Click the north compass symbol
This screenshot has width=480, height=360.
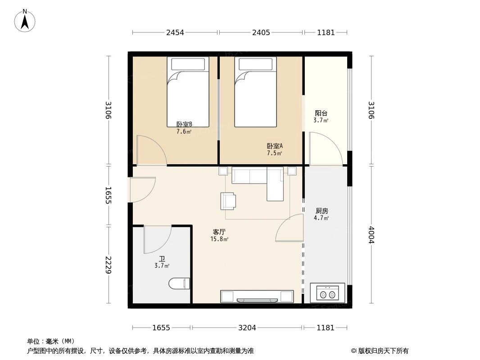(x=25, y=20)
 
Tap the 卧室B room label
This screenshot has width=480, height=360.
(x=184, y=125)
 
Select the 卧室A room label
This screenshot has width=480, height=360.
(x=275, y=146)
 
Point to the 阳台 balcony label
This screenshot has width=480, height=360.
(x=321, y=114)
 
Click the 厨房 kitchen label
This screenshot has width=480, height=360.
(x=322, y=211)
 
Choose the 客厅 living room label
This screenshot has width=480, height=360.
(x=219, y=232)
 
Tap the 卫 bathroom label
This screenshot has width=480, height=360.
(x=162, y=259)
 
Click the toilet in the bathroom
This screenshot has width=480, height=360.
(x=179, y=283)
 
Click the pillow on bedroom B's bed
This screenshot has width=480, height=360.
(x=188, y=64)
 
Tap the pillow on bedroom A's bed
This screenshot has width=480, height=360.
(x=255, y=64)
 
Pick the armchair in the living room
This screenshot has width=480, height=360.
(x=228, y=201)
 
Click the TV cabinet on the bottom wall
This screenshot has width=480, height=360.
(x=257, y=296)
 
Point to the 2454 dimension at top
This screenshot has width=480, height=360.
(x=175, y=32)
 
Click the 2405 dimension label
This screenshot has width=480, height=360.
(x=261, y=32)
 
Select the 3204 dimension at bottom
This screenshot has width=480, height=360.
(x=247, y=328)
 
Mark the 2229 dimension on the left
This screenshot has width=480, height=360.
(x=108, y=265)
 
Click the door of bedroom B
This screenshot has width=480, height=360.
(x=152, y=150)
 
